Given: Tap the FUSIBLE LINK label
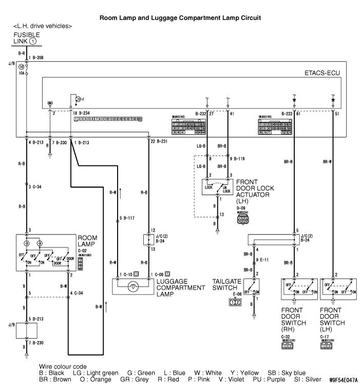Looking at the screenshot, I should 26,38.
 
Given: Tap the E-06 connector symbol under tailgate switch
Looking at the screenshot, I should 234,303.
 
